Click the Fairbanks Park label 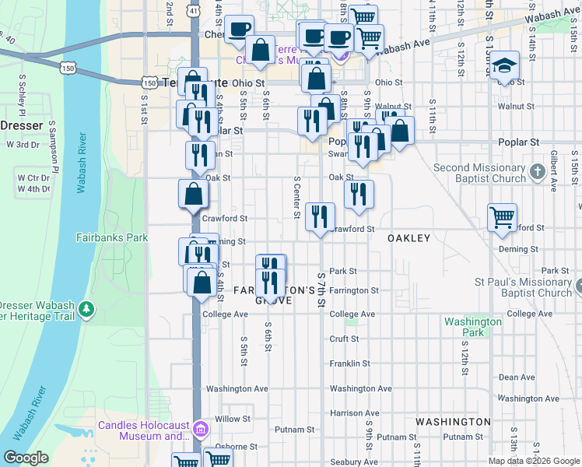click(112, 237)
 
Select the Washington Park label click(472, 327)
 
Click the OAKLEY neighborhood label click(409, 238)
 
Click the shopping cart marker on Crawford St click(503, 218)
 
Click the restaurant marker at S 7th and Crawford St click(320, 216)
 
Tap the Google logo click(26, 458)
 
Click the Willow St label click(233, 419)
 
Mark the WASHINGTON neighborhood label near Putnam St click(453, 422)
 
